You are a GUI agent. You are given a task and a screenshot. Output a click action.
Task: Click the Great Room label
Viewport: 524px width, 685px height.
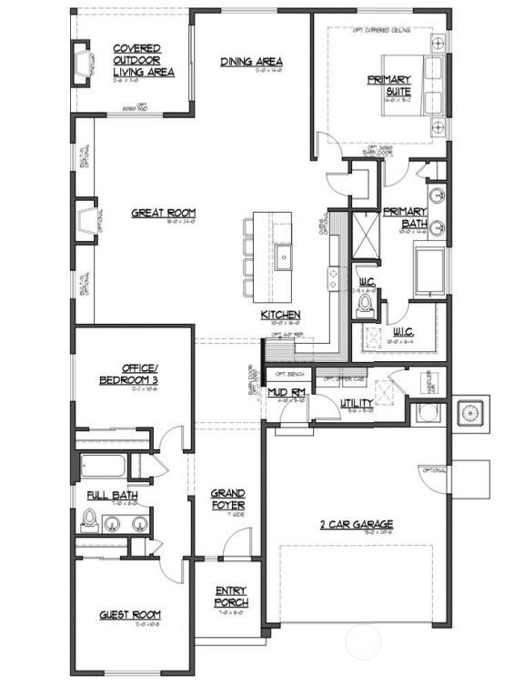164,213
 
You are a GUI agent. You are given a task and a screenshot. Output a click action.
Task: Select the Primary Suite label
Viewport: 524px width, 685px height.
389,86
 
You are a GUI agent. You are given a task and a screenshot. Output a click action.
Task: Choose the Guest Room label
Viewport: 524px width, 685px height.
130,616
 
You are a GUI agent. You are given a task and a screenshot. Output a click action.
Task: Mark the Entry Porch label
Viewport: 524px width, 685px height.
231,597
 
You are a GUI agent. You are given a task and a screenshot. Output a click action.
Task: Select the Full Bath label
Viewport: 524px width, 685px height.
112,496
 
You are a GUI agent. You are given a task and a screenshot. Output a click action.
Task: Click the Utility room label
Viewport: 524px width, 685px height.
355,403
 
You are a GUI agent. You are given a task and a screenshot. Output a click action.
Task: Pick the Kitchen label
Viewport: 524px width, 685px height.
281,315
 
